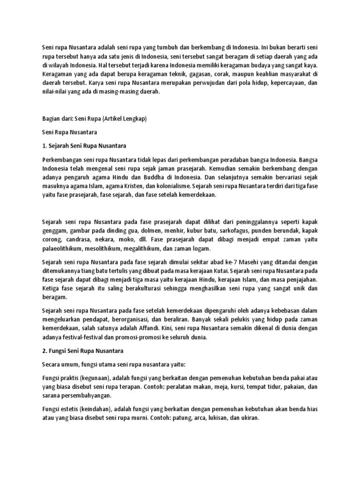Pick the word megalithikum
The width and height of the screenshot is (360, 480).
click(x=140, y=248)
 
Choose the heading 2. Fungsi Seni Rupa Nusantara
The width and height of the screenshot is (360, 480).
click(x=82, y=350)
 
